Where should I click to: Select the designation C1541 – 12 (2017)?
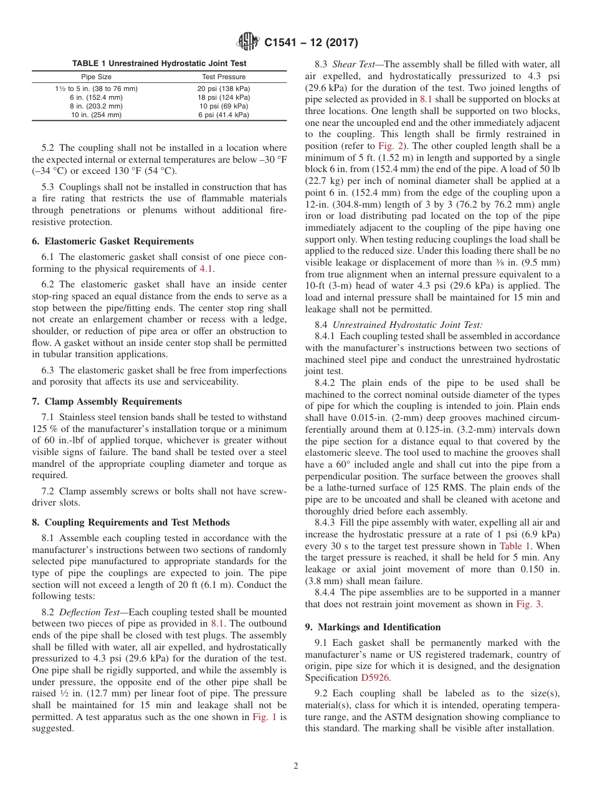(310, 43)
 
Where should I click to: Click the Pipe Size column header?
(97, 77)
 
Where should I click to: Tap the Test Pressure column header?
(224, 77)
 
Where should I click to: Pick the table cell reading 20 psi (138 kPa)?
(224, 89)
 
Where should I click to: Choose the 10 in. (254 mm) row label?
(96, 115)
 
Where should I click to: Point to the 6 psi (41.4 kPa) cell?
(224, 115)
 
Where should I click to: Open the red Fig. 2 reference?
(391, 145)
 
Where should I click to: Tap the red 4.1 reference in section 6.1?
(206, 269)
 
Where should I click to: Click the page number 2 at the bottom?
(296, 766)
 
